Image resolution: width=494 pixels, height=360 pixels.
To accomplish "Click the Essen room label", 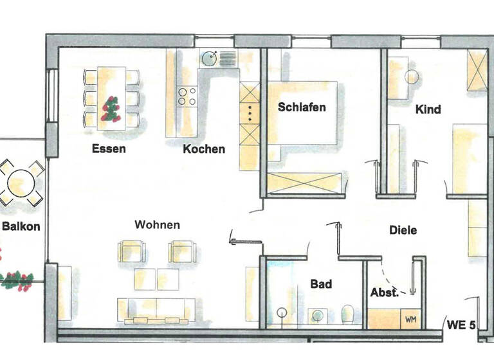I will coord(109,149).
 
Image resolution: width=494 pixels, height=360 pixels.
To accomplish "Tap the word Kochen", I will coord(204,149).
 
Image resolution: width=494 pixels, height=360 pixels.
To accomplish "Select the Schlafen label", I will coord(302,107).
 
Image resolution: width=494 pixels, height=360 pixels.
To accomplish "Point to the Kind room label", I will coord(428,109).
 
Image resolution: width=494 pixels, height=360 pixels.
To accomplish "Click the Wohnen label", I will coord(157,225).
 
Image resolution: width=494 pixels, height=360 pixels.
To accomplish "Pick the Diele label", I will coord(403,230).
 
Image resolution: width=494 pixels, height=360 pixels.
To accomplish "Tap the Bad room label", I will coord(321,283).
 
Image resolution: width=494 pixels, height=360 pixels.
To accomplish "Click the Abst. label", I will coord(385,292).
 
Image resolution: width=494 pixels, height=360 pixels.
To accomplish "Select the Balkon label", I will coord(21,226).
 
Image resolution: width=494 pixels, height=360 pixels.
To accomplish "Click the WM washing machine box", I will coord(409,318).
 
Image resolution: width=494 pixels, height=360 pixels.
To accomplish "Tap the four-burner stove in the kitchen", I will coord(187,96).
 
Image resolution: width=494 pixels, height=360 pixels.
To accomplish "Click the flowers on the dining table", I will coord(111,108).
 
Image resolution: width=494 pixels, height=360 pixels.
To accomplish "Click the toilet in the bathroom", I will coord(347,314).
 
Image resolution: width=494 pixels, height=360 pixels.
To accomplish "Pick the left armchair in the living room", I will coord(131,251).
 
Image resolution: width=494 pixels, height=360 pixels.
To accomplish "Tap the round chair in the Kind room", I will coord(411,76).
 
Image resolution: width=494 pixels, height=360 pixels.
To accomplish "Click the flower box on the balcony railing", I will coord(18,280).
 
